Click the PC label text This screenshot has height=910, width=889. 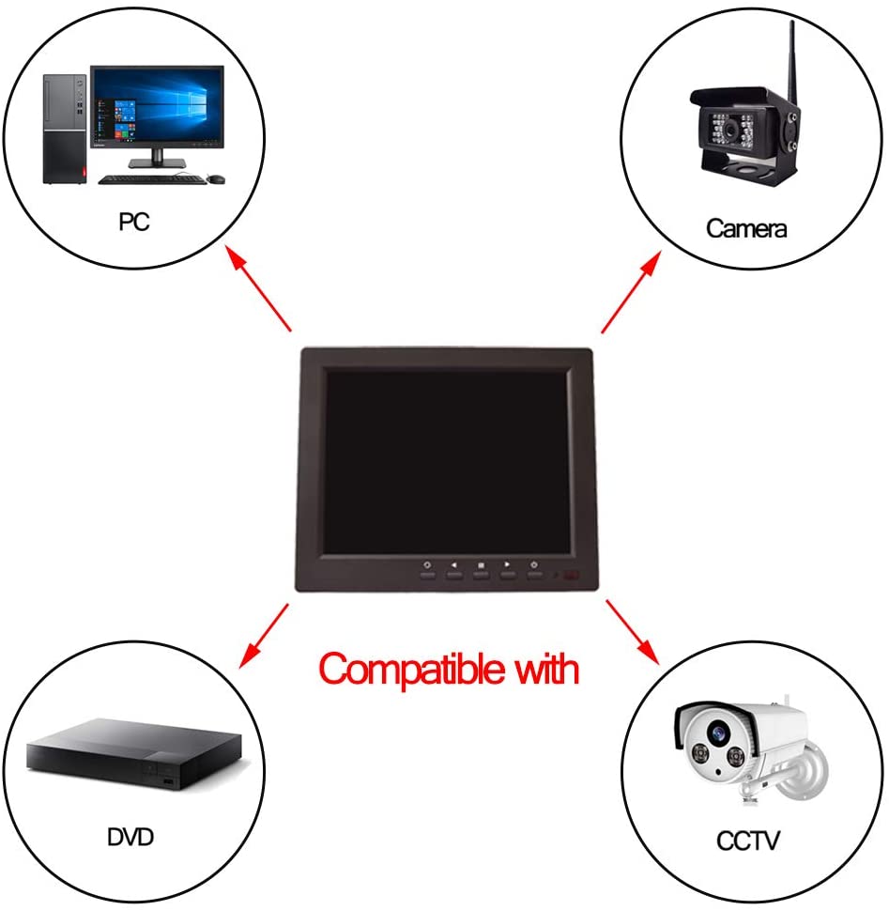coord(134,222)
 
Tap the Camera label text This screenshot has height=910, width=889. coord(746,228)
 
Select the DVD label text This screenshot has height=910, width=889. coord(130,837)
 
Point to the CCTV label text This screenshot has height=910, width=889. coord(748,841)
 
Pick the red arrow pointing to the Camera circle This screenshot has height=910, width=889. coord(632,292)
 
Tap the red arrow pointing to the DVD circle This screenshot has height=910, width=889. coord(264,636)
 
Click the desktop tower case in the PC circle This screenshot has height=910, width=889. coord(65,129)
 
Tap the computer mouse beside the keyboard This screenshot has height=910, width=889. coord(216,179)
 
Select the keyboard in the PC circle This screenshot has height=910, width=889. coord(152,180)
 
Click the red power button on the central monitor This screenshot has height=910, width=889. coord(572,575)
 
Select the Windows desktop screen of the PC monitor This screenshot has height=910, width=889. coord(157,105)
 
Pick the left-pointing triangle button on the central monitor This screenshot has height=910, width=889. coord(453,564)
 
